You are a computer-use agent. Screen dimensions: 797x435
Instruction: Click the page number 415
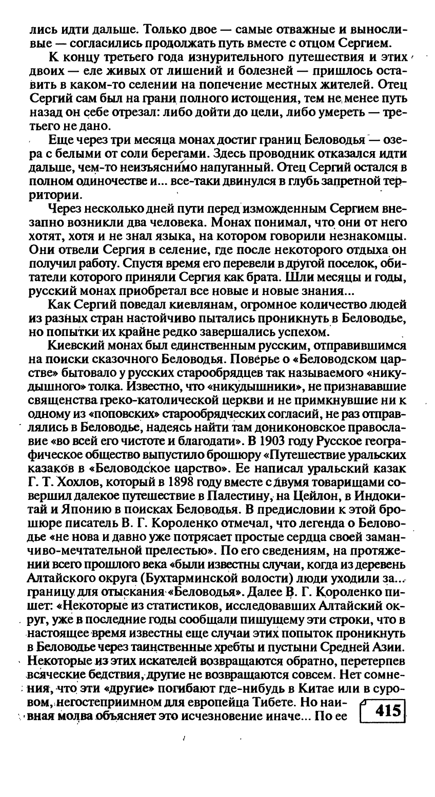(x=387, y=711)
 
